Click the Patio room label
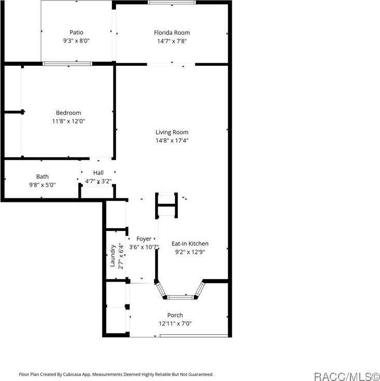pos(76,32)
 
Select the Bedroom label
pos(68,113)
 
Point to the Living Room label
pos(172,132)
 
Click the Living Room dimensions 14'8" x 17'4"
pos(172,140)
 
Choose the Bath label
pos(43,177)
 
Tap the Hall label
pos(98,173)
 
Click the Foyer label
pos(144,239)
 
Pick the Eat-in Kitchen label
pos(190,243)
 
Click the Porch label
pos(175,315)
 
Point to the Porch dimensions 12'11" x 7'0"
pos(175,324)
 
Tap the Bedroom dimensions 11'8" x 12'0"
pos(68,121)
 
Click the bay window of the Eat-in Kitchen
pos(180,297)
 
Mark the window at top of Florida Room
pos(172,2)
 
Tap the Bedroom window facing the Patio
pos(67,64)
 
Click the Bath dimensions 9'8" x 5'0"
pos(43,185)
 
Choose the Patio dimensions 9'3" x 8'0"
pos(76,40)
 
